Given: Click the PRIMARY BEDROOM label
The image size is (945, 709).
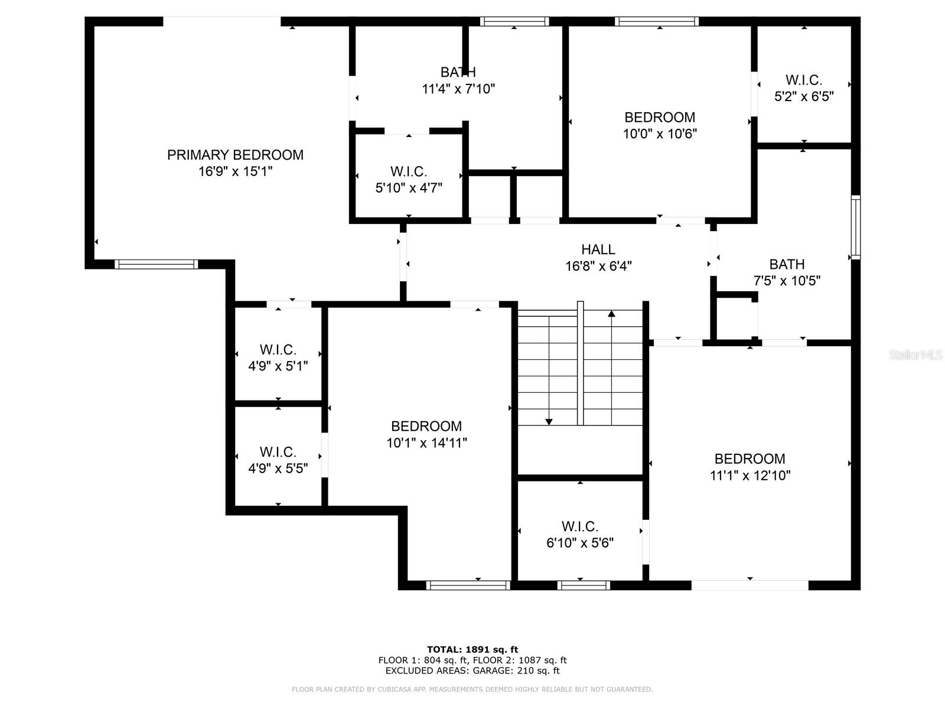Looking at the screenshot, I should tap(235, 155).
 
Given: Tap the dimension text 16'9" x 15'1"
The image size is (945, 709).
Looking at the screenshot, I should tap(235, 172).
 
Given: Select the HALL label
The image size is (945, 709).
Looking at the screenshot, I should tap(598, 249).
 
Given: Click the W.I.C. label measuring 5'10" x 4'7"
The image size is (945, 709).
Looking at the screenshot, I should tap(408, 172).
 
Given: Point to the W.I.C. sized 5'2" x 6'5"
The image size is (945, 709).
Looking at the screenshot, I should tap(803, 80).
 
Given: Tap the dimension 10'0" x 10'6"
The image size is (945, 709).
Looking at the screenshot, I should tap(660, 134).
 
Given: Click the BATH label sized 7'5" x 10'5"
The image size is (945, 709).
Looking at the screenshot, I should tap(787, 264).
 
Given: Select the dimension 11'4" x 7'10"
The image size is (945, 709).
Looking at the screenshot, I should tap(458, 89).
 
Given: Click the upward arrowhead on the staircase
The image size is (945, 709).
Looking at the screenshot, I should tap(611, 314).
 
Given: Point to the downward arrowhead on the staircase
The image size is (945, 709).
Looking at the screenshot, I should tap(549, 421).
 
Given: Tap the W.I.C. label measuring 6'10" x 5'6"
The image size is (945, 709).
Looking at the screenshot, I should tap(579, 526).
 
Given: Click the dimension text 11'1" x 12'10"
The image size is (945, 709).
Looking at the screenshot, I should tap(750, 476).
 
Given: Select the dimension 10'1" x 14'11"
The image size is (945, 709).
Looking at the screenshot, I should tap(426, 443).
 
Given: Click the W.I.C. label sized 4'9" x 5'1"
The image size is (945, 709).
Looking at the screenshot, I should tap(278, 350).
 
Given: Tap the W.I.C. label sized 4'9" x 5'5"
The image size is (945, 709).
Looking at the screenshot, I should tap(278, 453).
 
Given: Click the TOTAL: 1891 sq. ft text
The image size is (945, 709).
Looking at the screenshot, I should tap(472, 649).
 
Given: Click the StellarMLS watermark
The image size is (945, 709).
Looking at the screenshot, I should tap(915, 355).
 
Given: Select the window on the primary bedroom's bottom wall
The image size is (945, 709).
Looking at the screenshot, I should tap(156, 264).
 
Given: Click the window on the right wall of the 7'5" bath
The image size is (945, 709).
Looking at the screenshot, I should tap(855, 227).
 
